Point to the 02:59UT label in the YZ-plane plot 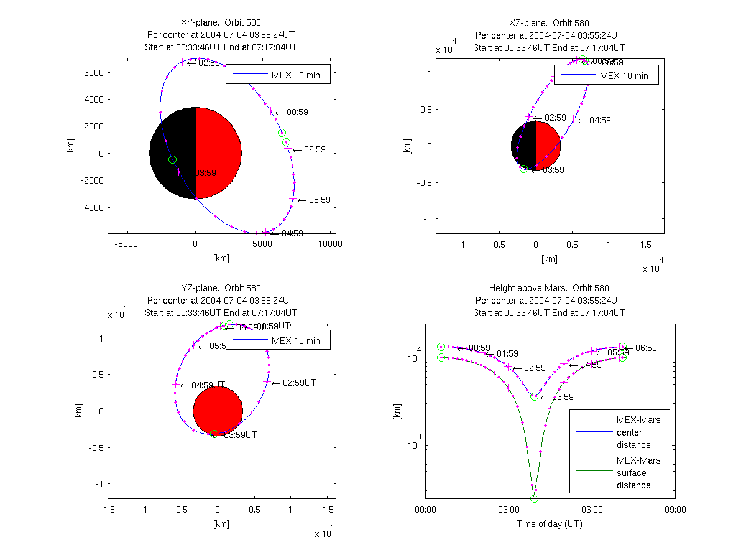[299, 383]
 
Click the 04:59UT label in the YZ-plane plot [208, 385]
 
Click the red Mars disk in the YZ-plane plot [218, 411]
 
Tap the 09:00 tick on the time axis [675, 510]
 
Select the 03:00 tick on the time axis [509, 510]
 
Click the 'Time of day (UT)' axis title [550, 524]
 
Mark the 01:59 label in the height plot [507, 354]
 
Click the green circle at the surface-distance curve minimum [534, 498]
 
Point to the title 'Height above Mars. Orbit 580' [548, 288]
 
